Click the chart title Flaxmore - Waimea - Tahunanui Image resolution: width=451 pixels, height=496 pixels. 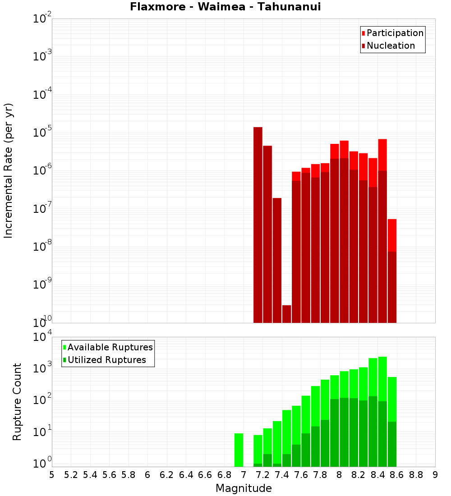click(x=225, y=7)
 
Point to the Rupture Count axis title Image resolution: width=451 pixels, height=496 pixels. click(x=17, y=401)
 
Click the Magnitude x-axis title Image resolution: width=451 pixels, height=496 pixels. click(x=244, y=488)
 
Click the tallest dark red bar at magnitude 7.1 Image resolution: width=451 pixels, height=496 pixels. click(x=258, y=225)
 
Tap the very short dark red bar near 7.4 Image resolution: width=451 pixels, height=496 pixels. click(x=286, y=314)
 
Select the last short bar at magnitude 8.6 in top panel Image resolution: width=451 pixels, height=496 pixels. click(x=392, y=271)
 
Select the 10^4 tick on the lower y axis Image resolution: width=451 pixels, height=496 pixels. click(x=43, y=337)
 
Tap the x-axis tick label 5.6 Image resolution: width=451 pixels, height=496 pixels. click(x=109, y=475)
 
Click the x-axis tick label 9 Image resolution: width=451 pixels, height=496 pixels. click(x=435, y=475)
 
